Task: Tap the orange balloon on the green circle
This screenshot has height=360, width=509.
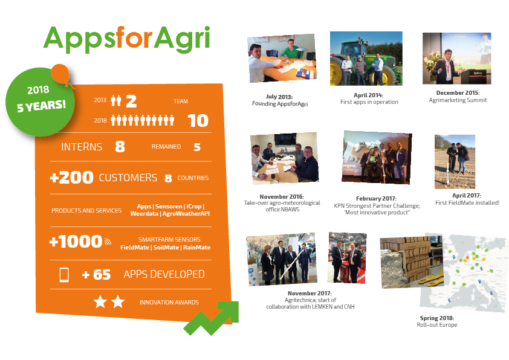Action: (61, 74)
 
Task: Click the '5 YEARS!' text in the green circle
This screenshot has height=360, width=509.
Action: (41, 106)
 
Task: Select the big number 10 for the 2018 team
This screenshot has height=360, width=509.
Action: (198, 121)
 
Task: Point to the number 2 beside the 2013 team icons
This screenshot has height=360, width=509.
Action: (131, 101)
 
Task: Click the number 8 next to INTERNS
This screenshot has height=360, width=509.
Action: (120, 147)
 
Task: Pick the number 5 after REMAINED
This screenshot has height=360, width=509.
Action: (197, 147)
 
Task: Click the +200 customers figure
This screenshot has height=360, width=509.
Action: (72, 178)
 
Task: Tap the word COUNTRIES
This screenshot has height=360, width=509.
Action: (193, 178)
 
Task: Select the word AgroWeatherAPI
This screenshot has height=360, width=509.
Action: (186, 214)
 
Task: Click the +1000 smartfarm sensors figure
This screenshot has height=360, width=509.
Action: (76, 241)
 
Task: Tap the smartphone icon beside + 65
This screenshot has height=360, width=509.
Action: (64, 275)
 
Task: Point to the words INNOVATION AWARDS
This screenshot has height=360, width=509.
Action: (169, 302)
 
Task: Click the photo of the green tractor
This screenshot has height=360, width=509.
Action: (366, 59)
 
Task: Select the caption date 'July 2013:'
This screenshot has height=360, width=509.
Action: (279, 97)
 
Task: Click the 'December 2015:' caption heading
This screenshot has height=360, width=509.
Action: (458, 93)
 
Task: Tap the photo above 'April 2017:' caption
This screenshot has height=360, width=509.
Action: (455, 162)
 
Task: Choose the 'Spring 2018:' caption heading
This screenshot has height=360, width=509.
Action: (437, 318)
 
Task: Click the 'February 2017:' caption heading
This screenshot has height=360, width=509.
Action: (376, 199)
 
